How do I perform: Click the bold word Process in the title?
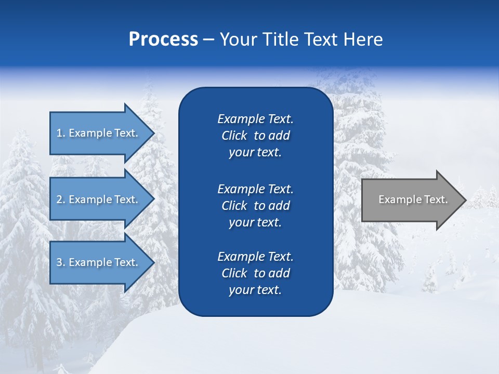pos(163,39)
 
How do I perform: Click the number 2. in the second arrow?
pos(61,199)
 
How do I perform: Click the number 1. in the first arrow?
pos(61,133)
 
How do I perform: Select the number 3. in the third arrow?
pos(61,262)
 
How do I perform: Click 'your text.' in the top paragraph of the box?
pos(255,153)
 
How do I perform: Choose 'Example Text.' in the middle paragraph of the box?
pos(255,189)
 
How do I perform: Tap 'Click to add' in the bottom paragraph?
pos(255,273)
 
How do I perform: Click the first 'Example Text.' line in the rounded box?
pos(255,119)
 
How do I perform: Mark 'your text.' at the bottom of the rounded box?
pos(255,290)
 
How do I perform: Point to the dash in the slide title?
pos(209,40)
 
